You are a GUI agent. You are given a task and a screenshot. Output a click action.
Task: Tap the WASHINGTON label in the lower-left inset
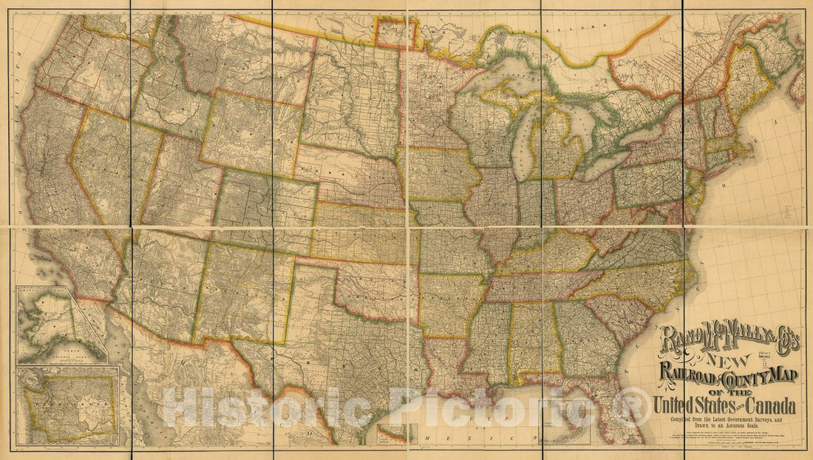70,403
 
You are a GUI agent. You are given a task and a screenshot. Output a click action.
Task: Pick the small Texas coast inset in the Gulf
392,432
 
